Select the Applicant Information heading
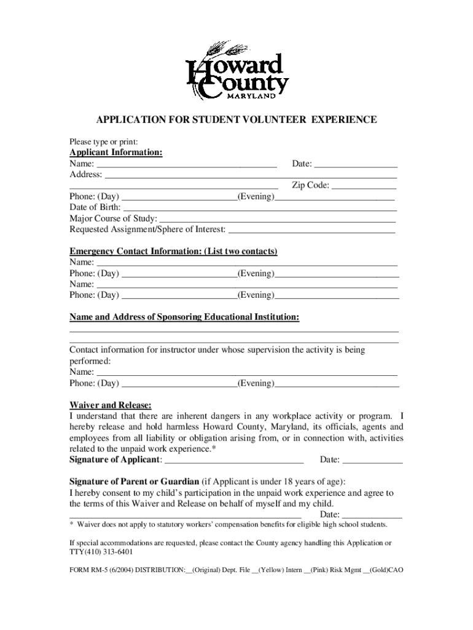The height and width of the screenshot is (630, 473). point(115,153)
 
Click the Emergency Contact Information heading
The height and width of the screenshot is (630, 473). point(173,252)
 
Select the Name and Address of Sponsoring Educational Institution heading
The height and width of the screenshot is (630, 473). point(184,317)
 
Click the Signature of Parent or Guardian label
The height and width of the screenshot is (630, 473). point(134,481)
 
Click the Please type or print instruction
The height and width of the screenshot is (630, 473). point(103,141)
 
